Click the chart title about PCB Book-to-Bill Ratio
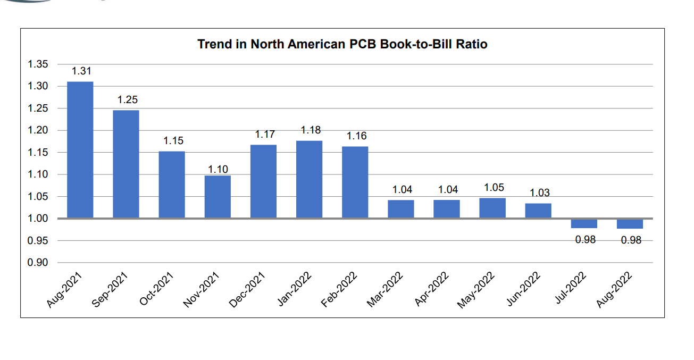click(342, 44)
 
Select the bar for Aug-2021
click(80, 150)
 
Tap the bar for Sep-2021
click(126, 164)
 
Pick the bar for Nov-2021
click(218, 197)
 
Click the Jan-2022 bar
click(309, 179)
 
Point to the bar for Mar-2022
click(400, 209)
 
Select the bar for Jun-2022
click(538, 211)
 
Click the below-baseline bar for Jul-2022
click(584, 224)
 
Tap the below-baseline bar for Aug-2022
click(630, 224)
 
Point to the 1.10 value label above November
click(218, 170)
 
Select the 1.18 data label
click(311, 130)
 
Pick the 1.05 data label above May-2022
click(494, 187)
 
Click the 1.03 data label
click(540, 192)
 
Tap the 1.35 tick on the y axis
click(38, 64)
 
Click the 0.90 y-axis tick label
click(38, 263)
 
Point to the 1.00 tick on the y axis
click(38, 219)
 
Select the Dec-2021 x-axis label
click(248, 290)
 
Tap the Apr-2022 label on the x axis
click(432, 290)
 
